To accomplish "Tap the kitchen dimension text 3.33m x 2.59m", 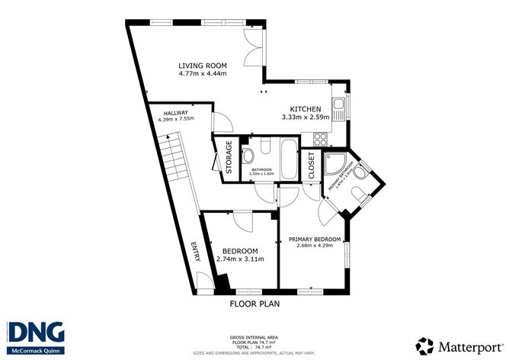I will [305, 117].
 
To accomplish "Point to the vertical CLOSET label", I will [312, 165].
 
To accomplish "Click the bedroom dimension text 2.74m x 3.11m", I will [240, 259].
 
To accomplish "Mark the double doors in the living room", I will [255, 47].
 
